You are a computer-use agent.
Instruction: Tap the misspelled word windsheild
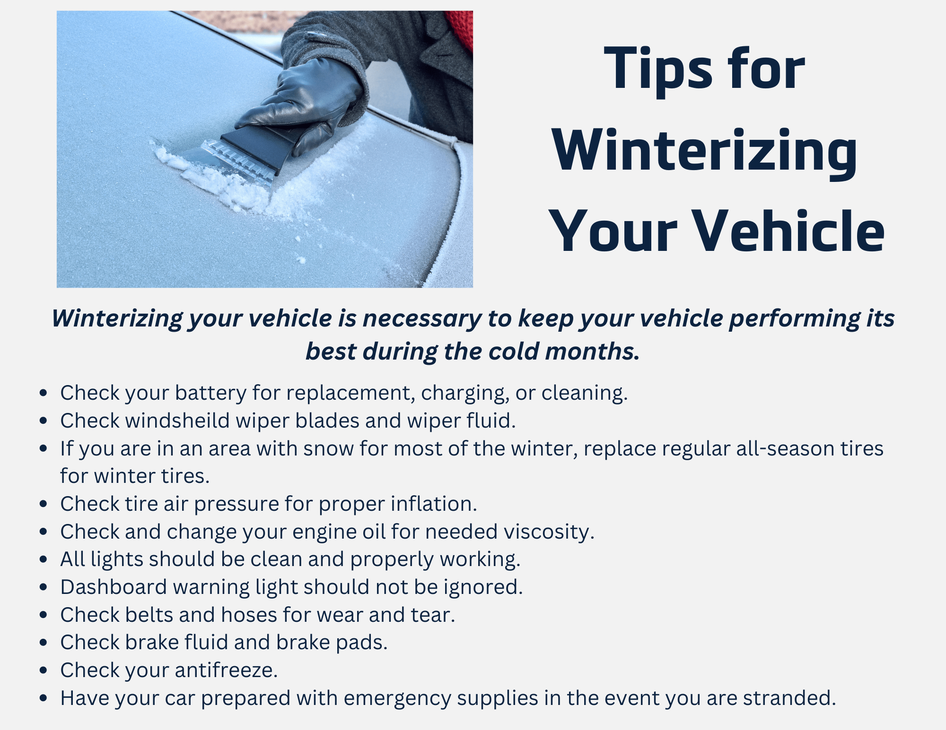click(177, 421)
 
